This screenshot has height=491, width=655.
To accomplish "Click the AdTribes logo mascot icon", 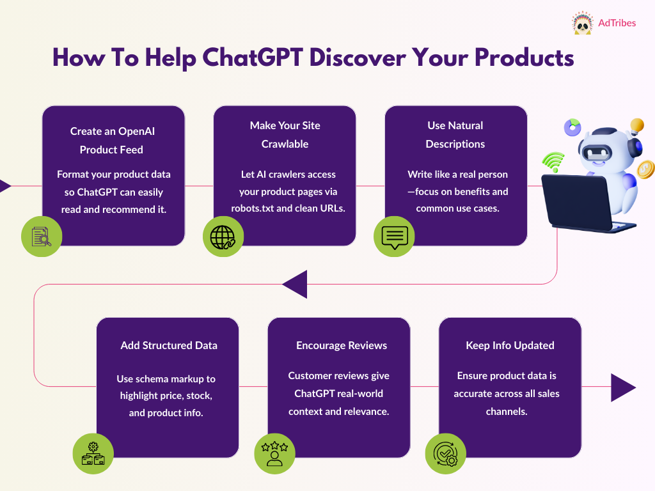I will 581,23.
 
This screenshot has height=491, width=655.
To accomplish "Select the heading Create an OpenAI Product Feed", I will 112,140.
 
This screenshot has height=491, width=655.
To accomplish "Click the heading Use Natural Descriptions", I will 455,134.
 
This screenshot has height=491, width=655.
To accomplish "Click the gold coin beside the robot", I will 646,169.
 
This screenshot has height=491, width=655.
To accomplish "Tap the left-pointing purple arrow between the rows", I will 295,284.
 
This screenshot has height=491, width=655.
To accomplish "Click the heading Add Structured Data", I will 169,345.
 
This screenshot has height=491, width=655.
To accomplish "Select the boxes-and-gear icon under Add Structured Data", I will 93,454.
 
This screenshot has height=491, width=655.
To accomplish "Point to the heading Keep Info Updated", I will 510,345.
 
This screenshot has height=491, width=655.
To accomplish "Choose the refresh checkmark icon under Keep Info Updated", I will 446,454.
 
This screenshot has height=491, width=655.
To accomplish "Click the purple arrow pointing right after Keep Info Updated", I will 623,387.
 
